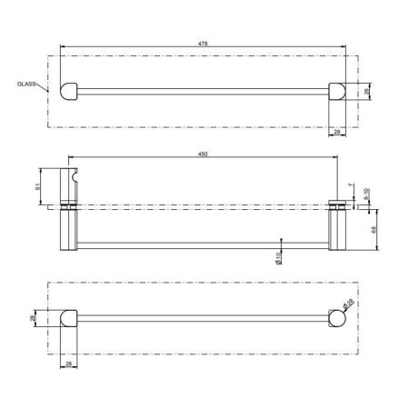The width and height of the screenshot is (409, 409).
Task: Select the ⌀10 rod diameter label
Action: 279,258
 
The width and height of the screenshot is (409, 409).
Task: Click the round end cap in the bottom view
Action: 337,318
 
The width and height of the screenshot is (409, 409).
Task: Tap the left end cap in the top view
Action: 68,90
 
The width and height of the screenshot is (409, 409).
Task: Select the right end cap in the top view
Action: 337,90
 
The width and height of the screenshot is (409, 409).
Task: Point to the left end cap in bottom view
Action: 68,318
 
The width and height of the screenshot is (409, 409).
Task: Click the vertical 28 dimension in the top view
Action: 367,91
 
